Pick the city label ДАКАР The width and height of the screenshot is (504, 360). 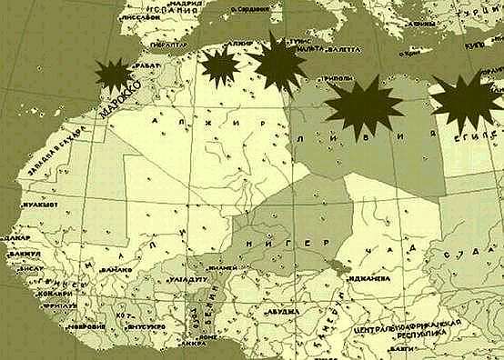point(17,235)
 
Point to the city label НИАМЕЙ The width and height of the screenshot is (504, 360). point(222,268)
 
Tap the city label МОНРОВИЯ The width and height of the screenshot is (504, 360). point(86,325)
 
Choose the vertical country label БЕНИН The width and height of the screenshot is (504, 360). point(204,315)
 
